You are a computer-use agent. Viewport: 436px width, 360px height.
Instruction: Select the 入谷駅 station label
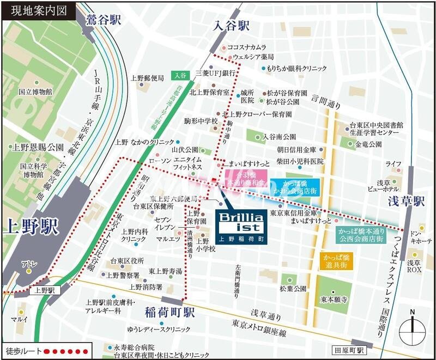click(x=231, y=26)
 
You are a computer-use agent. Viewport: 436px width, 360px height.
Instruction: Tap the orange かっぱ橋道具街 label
click(x=336, y=260)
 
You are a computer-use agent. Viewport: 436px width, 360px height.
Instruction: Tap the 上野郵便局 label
click(x=147, y=78)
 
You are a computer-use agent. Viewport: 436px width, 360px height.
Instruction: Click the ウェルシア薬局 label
click(x=253, y=57)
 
